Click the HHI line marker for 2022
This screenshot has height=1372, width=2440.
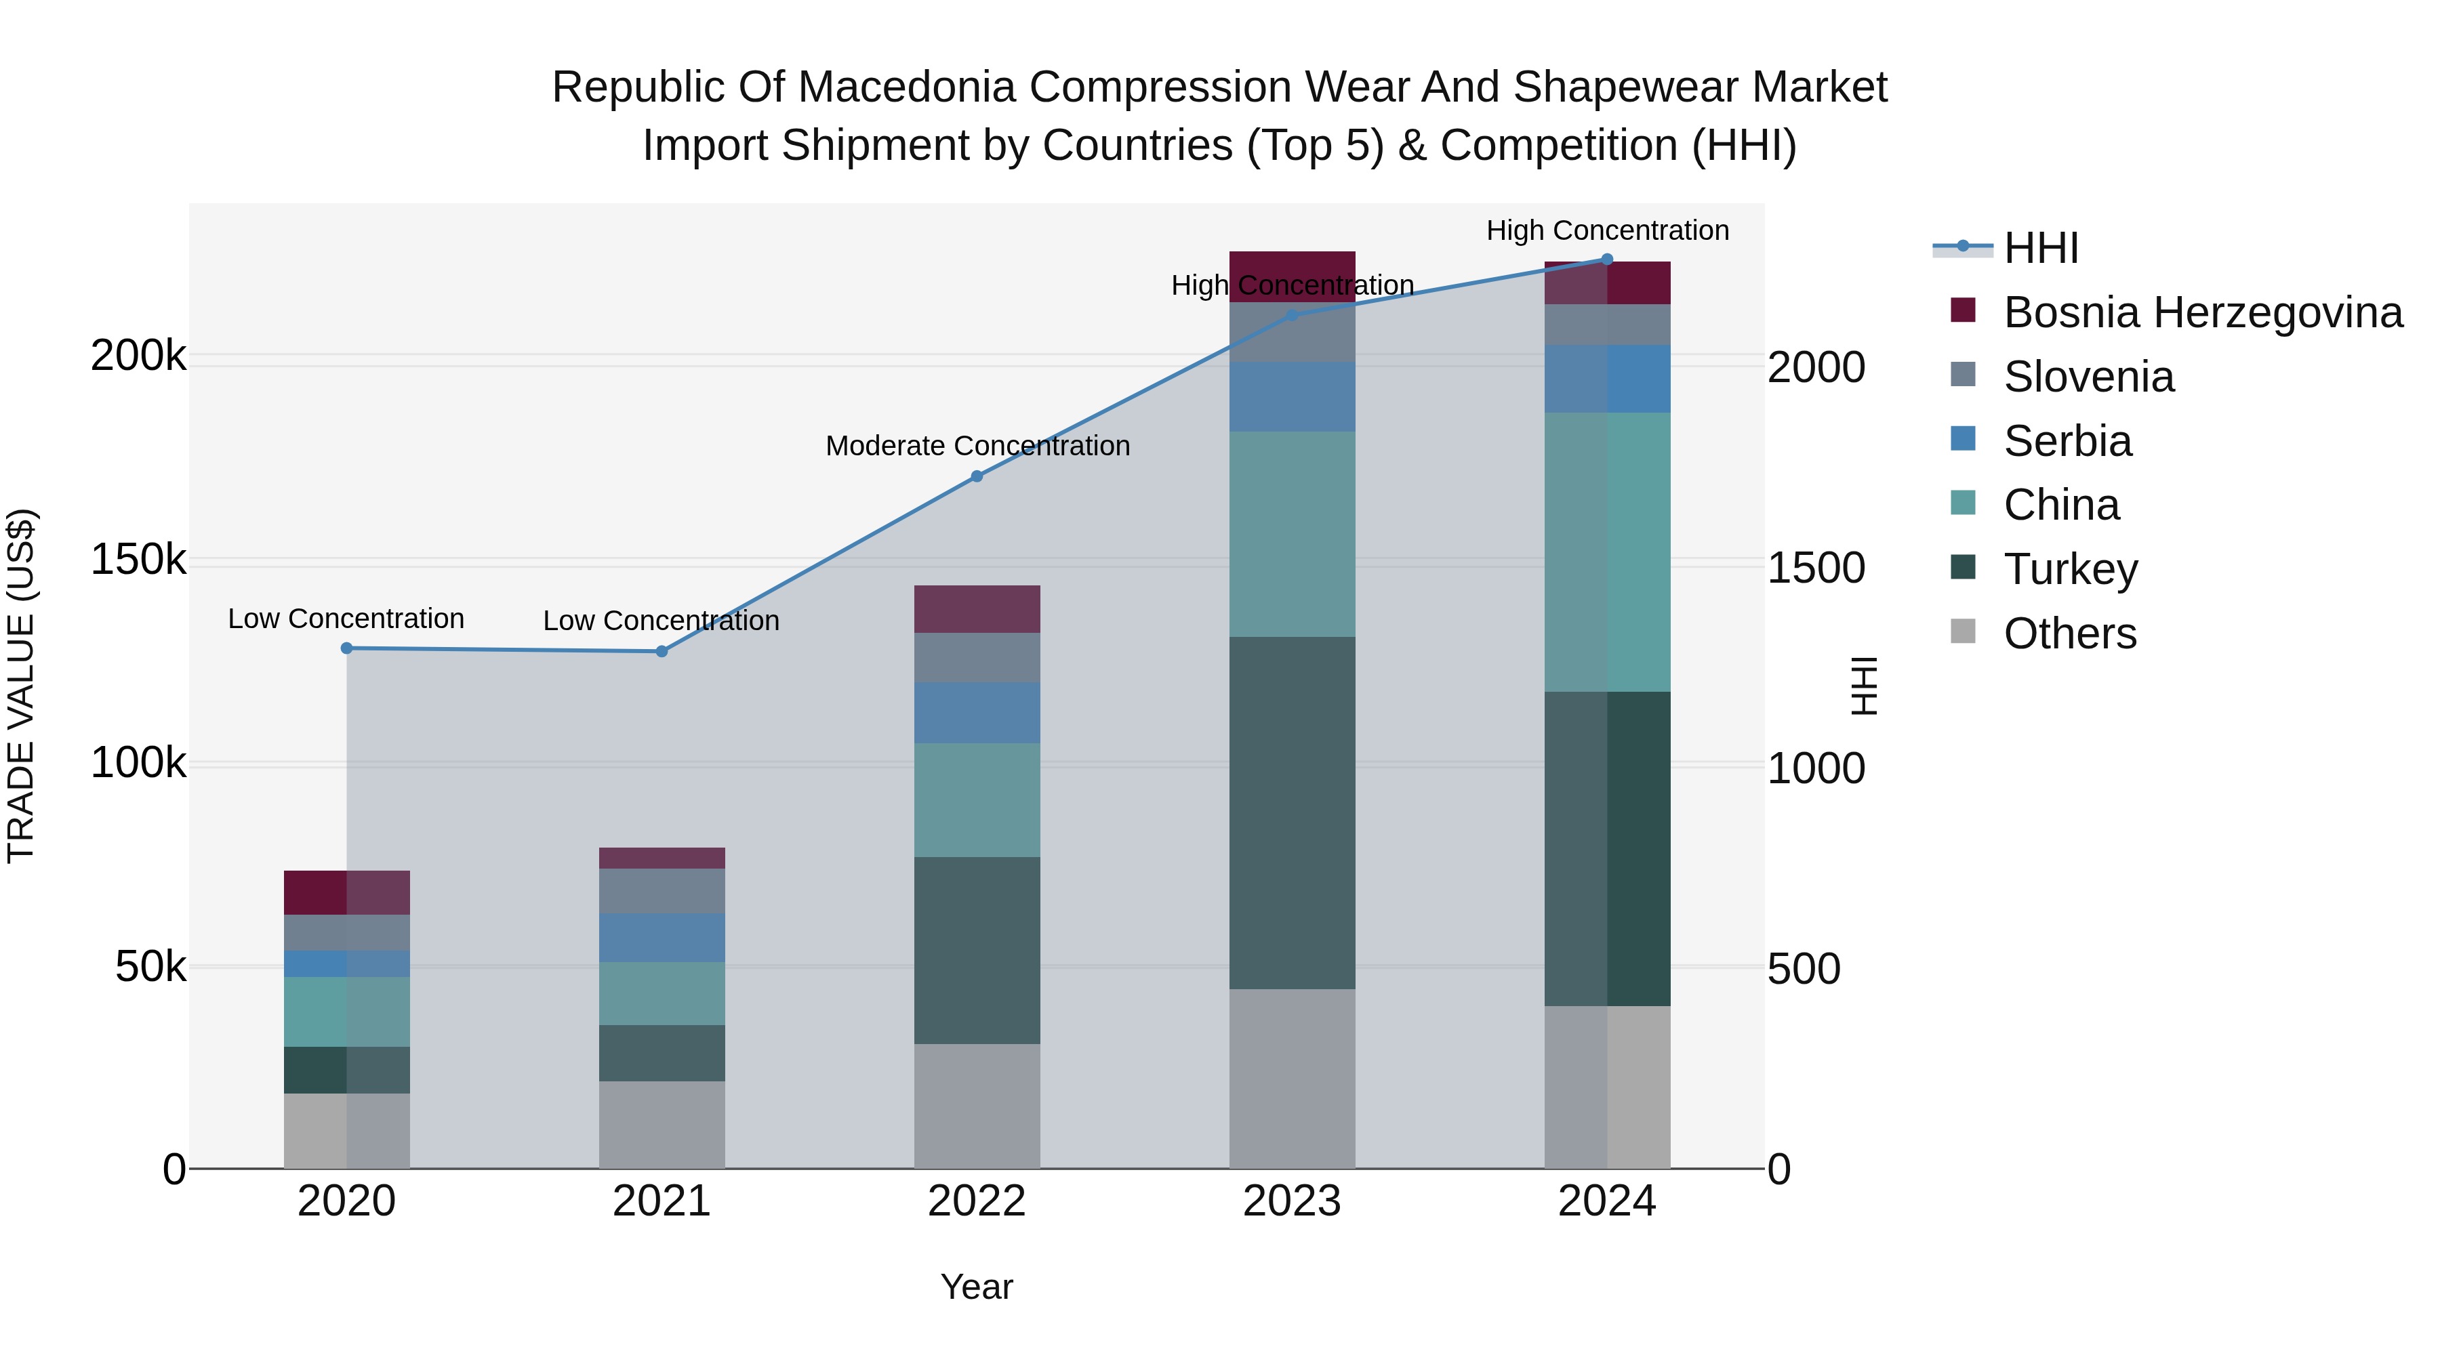(977, 476)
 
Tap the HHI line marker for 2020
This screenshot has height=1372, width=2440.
(346, 648)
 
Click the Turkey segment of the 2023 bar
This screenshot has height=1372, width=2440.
(1292, 812)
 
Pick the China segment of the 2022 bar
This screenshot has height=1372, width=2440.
(977, 800)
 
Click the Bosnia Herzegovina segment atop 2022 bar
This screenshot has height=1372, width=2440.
(977, 609)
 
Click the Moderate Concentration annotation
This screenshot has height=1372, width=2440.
(977, 446)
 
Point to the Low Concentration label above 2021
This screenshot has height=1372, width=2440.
(661, 621)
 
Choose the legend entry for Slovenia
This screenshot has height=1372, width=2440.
(2089, 377)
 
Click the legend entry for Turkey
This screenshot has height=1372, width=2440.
(2071, 569)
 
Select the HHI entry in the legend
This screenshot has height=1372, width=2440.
(2041, 248)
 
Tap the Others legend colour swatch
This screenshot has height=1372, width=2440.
(1964, 631)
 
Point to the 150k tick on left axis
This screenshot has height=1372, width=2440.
(138, 560)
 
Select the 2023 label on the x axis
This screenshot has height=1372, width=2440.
(1292, 1201)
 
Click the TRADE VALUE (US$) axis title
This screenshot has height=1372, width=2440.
(21, 686)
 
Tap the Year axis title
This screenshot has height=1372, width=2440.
(977, 1287)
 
